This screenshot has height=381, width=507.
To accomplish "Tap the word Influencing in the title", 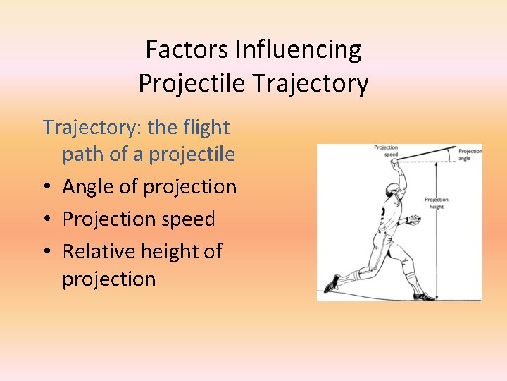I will pos(299,50).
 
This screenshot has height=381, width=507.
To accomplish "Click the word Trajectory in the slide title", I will pos(311,84).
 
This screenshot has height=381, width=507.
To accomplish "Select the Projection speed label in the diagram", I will pos(385,151).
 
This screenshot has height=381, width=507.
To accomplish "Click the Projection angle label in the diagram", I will pos(470,155).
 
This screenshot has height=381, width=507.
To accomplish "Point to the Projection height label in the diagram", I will pos(436,203).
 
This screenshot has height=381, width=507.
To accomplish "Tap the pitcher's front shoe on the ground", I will pos(423,296).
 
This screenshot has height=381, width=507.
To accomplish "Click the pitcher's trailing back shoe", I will pos(332,284).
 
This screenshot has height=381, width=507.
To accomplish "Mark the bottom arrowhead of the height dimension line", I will pos(437,297).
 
